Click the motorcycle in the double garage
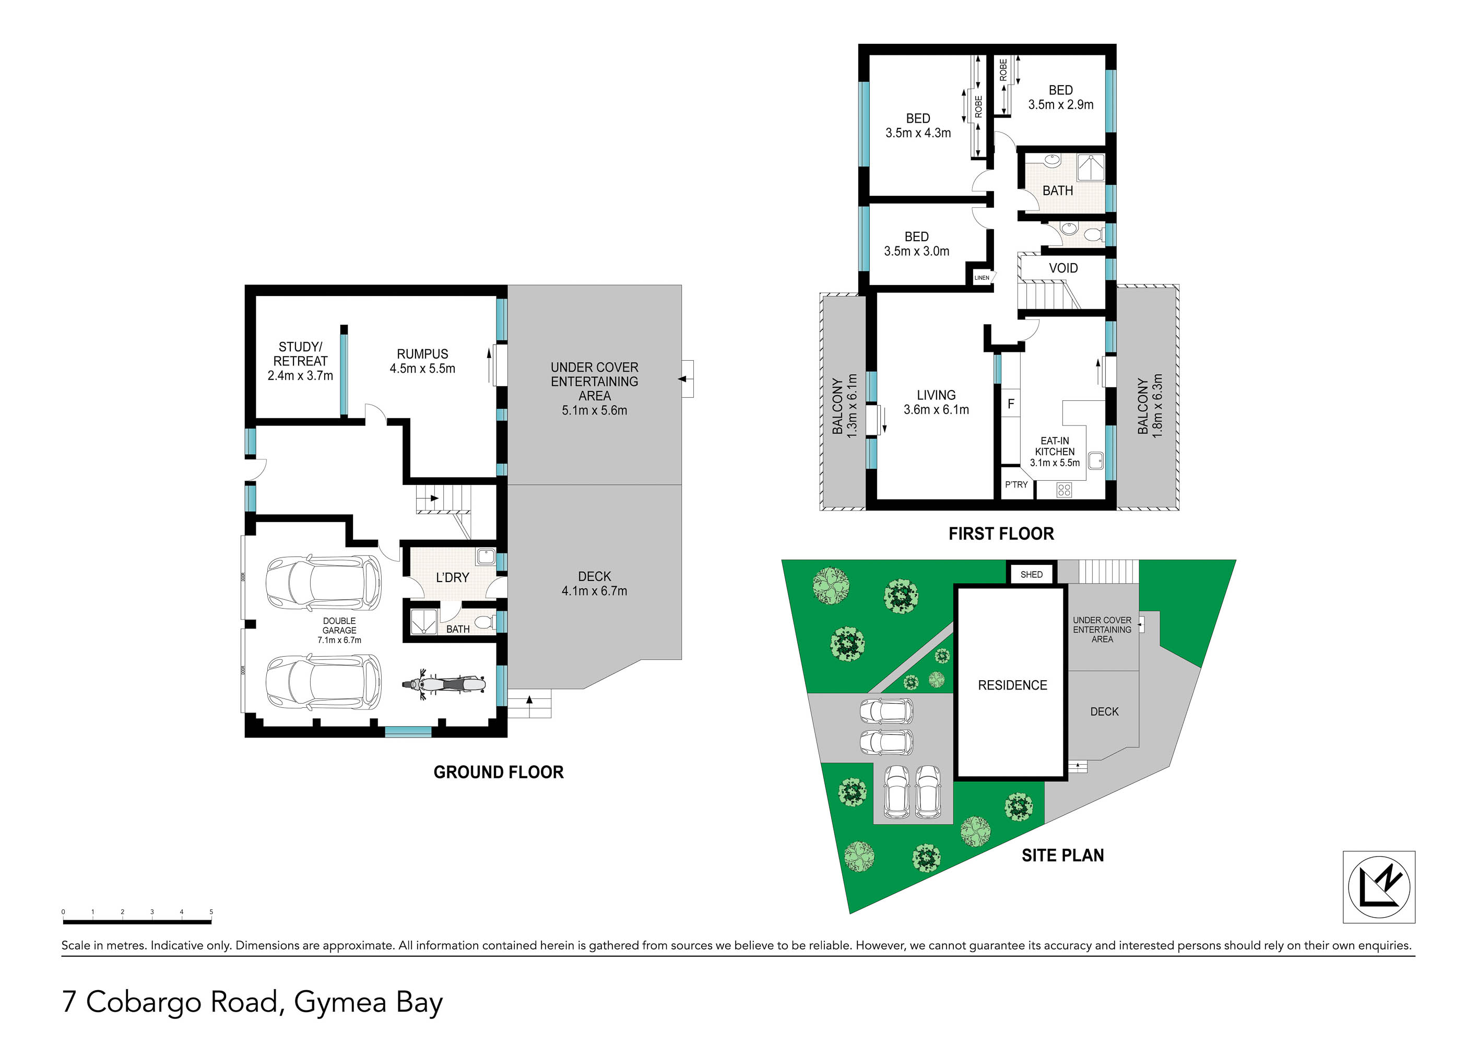[x=443, y=684]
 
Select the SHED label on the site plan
[x=1031, y=574]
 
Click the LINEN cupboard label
[x=982, y=278]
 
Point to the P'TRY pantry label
[x=1017, y=484]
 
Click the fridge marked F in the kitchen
[x=1011, y=404]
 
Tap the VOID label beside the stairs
[x=1064, y=268]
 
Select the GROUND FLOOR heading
[x=499, y=772]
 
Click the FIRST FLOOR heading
[x=1001, y=533]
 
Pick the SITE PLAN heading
[x=1063, y=855]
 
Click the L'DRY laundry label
[x=452, y=578]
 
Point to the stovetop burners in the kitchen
[x=1064, y=490]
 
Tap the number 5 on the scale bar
[x=211, y=911]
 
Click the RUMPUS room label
[x=423, y=354]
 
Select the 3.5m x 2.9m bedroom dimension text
[x=1061, y=105]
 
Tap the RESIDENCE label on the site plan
[x=1012, y=685]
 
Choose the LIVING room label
[x=936, y=395]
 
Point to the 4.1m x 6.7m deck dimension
[x=594, y=591]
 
